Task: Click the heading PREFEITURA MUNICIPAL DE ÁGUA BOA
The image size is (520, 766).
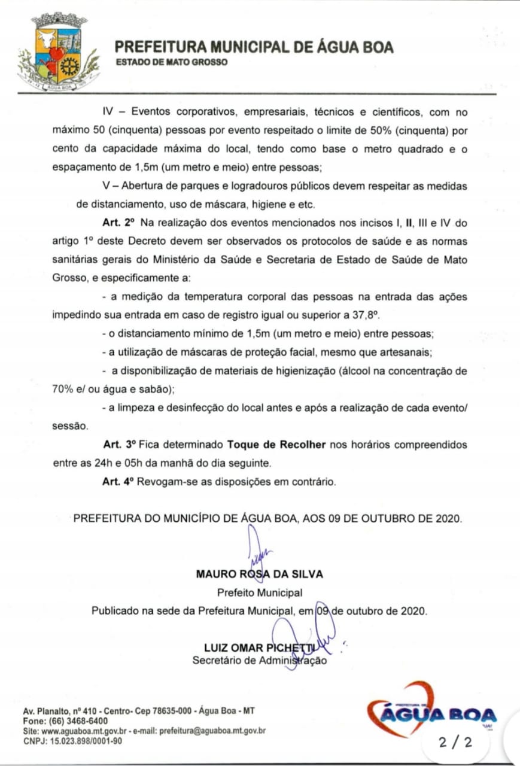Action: point(254,47)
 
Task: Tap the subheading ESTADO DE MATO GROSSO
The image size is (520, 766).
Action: point(172,62)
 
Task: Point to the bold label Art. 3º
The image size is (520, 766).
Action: point(120,445)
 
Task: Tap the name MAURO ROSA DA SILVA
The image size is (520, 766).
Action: point(259,574)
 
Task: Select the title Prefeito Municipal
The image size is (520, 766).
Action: point(259,592)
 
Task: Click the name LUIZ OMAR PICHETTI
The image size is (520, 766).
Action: point(259,648)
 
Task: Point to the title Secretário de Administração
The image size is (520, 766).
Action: point(259,661)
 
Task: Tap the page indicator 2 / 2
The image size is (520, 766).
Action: point(455,743)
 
